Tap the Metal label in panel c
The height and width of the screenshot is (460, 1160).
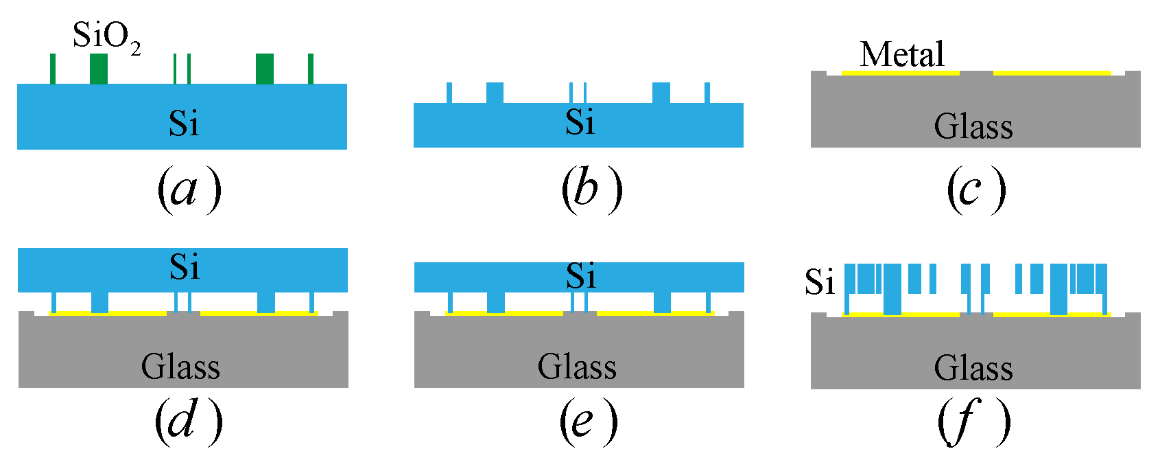pos(901,54)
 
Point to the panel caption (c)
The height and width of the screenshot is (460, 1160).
pos(975,189)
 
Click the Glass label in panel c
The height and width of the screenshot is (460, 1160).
pos(973,127)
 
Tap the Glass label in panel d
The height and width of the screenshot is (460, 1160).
pos(180,367)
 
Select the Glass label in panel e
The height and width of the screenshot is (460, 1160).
pos(577,367)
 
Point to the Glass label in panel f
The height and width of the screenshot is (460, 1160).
pos(973,369)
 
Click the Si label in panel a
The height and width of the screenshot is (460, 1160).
pos(184,124)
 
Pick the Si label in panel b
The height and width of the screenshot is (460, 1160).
pos(580,123)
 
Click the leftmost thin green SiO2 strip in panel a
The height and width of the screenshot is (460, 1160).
pos(53,69)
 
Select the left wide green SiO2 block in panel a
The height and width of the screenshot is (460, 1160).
pos(99,69)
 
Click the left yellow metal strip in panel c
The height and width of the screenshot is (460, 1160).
pos(900,72)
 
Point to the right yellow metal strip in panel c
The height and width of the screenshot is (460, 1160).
pos(1052,72)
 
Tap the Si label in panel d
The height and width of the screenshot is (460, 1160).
pos(184,267)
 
